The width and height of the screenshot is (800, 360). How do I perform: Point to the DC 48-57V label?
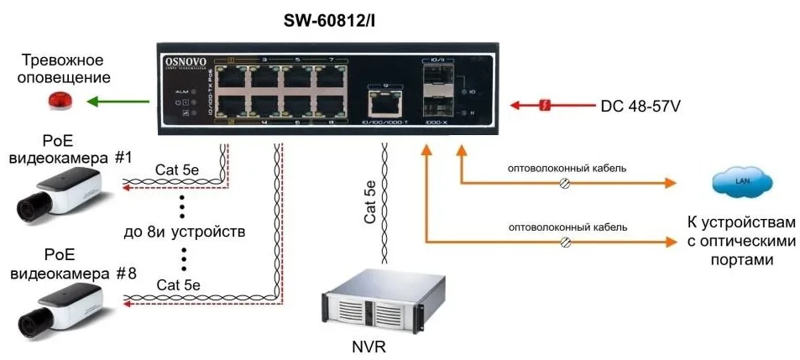(x=640, y=107)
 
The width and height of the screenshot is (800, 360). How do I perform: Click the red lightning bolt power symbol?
(x=545, y=106)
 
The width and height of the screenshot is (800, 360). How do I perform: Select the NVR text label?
(x=369, y=347)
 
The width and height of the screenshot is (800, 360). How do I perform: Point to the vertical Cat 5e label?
(x=370, y=201)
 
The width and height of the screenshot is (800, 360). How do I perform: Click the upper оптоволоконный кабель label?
(x=567, y=168)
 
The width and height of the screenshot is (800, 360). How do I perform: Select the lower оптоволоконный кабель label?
(x=567, y=227)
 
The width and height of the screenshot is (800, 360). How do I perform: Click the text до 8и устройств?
(x=184, y=231)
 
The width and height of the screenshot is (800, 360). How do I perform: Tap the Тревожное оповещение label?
(x=62, y=69)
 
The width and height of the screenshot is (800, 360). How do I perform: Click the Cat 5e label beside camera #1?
(x=177, y=170)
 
